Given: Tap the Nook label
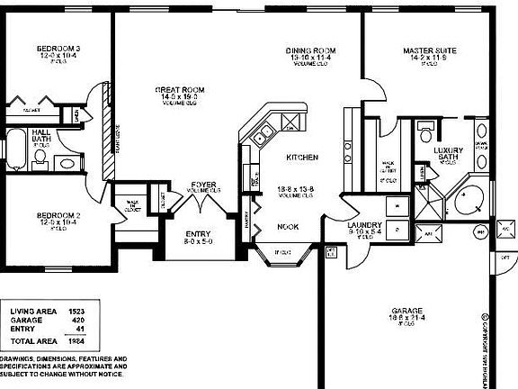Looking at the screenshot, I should click(x=288, y=226).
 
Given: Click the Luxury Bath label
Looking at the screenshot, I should click(x=448, y=154).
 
